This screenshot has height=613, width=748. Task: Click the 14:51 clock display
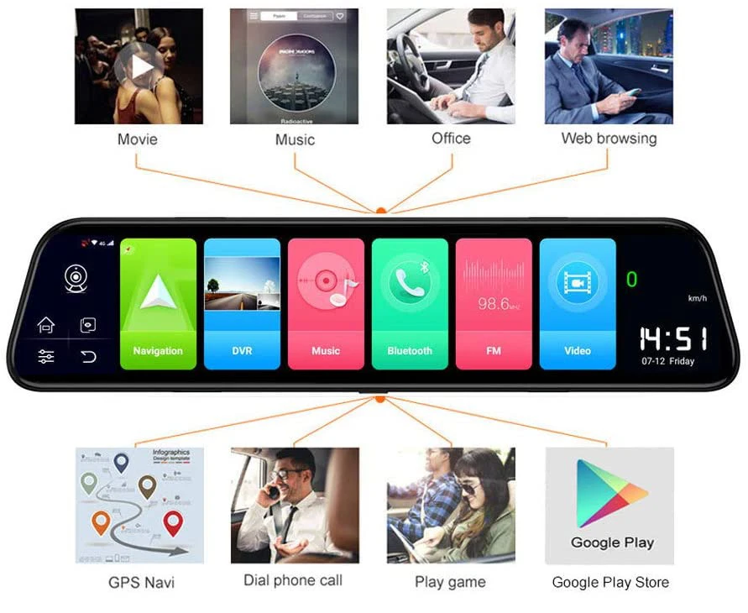pyautogui.click(x=672, y=339)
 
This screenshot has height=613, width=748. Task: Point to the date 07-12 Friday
pyautogui.click(x=668, y=361)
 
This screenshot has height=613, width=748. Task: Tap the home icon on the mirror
pyautogui.click(x=46, y=325)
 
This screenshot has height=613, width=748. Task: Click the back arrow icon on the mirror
pyautogui.click(x=89, y=357)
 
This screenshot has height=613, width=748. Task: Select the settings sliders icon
pyautogui.click(x=46, y=357)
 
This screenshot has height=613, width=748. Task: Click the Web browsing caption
pyautogui.click(x=609, y=139)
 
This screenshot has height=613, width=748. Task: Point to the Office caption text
pyautogui.click(x=451, y=139)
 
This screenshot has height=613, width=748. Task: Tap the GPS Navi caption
pyautogui.click(x=142, y=582)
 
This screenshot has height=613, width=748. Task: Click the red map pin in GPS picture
pyautogui.click(x=173, y=523)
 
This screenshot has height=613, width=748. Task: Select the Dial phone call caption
pyautogui.click(x=293, y=580)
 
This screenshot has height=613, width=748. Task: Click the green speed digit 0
pyautogui.click(x=632, y=280)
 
